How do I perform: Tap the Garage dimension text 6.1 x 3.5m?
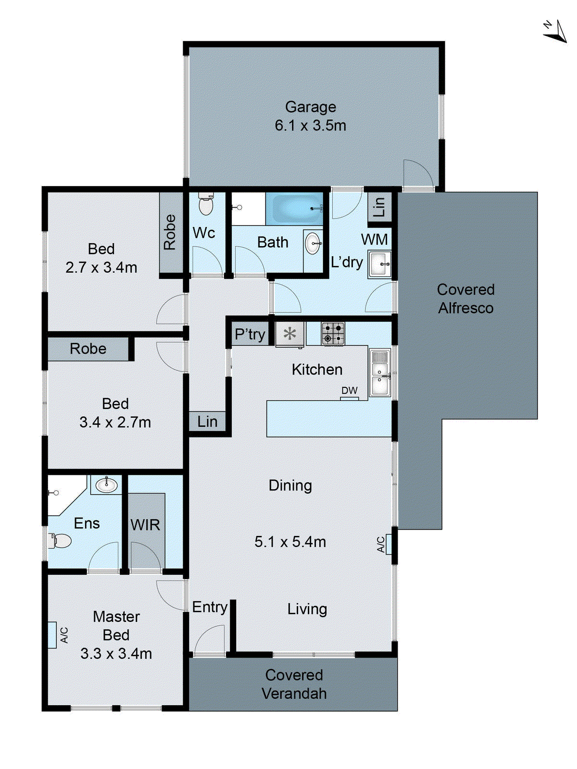310,125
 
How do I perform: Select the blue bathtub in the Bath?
294,209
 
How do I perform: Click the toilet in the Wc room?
206,205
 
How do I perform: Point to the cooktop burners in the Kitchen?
333,334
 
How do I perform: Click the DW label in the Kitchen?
350,391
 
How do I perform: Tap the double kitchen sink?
380,373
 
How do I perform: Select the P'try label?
250,334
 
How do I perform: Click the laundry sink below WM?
380,264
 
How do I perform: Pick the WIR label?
145,525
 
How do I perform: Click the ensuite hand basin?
106,484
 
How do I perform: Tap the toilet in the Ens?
60,541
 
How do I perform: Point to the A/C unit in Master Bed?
52,635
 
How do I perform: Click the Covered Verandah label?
294,684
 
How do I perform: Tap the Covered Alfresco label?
465,298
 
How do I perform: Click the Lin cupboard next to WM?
379,207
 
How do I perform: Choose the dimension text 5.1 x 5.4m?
290,542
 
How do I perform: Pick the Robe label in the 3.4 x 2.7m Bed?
88,349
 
